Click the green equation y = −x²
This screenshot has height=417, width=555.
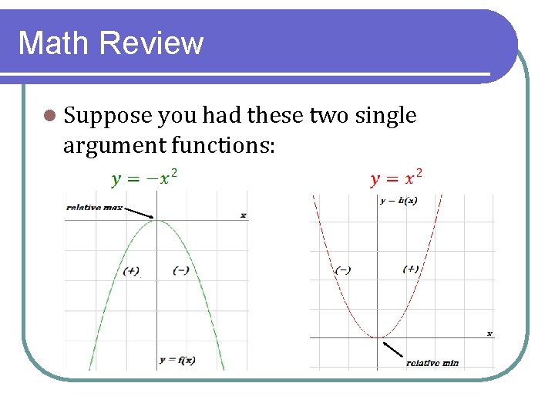click(x=145, y=179)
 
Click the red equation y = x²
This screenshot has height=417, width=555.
click(x=396, y=179)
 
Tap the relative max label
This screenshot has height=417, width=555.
click(x=93, y=207)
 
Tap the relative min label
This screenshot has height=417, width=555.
click(x=432, y=362)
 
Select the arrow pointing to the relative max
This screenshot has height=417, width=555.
click(x=140, y=212)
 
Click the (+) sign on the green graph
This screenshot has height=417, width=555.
click(x=131, y=270)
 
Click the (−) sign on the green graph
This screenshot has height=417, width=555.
click(x=181, y=270)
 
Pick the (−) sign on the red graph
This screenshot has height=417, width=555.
click(x=343, y=270)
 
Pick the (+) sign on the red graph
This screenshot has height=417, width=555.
click(x=411, y=269)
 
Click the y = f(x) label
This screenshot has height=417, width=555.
click(x=177, y=360)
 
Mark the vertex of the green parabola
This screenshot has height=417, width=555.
click(x=156, y=220)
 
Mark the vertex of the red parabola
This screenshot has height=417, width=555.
click(x=378, y=337)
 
